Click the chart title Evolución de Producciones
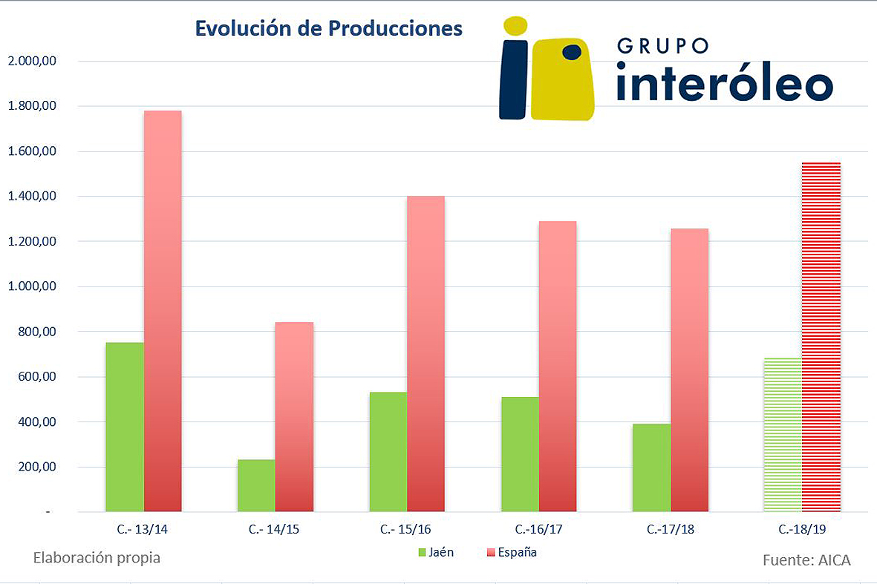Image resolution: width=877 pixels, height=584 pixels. point(328,28)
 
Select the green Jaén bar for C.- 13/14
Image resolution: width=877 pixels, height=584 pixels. point(125,427)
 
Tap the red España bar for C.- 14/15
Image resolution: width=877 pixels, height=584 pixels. point(294,416)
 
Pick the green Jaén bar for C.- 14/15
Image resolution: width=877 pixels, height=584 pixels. point(256,485)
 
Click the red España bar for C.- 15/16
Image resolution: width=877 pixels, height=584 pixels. point(426,353)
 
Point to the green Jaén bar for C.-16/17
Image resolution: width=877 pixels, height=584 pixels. point(520,454)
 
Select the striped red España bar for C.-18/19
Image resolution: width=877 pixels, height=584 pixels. point(821,337)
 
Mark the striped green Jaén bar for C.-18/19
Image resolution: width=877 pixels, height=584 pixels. point(783,435)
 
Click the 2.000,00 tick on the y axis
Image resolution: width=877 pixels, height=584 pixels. point(32,62)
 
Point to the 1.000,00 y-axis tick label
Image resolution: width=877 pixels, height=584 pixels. point(32,287)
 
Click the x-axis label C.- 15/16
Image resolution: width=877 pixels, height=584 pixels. point(406,530)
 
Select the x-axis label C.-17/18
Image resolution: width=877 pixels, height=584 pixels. point(670,530)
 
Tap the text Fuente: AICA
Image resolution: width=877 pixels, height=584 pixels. point(806,560)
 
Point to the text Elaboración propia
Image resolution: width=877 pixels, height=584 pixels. point(97,557)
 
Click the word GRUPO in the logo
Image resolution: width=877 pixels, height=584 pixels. point(663,46)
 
